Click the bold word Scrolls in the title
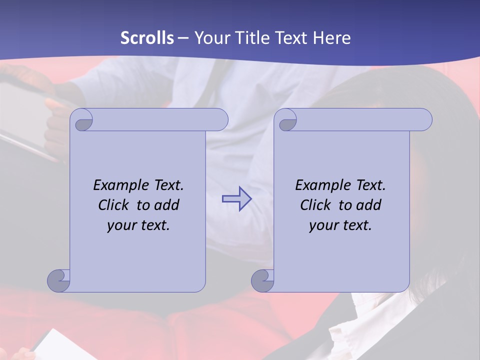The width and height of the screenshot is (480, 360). click(147, 38)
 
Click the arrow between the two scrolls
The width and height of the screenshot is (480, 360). click(236, 199)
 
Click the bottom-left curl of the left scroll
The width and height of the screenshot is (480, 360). click(58, 280)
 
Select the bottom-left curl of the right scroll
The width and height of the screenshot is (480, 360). click(262, 280)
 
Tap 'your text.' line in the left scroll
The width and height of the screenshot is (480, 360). click(138, 225)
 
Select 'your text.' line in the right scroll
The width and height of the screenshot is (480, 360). click(340, 225)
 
